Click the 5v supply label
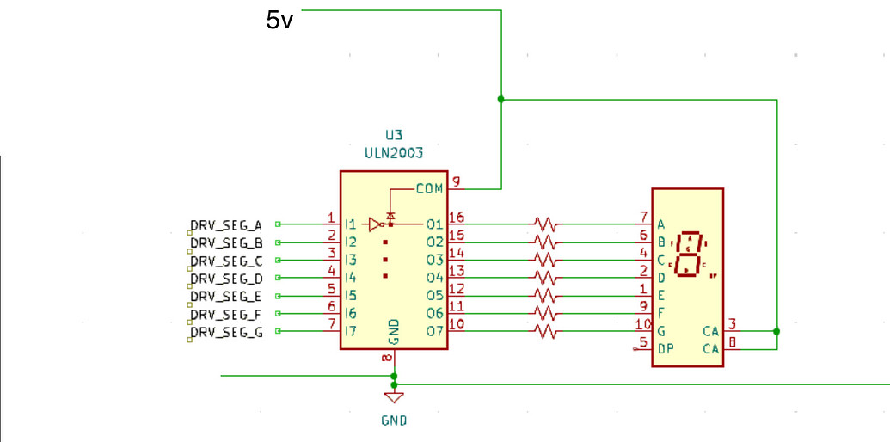pos(280,21)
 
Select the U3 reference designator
pos(393,135)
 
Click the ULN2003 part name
pos(393,152)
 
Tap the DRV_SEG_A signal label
pos(226,225)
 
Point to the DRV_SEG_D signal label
pos(226,279)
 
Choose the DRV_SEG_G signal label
pos(226,332)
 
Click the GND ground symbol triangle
pos(394,397)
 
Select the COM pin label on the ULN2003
pos(429,188)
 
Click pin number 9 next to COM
pos(457,181)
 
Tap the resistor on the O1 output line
pos(544,224)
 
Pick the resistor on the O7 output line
pos(544,331)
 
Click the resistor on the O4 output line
pos(544,278)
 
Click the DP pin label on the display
pos(666,348)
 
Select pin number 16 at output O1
pos(457,218)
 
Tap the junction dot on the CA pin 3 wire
pos(776,331)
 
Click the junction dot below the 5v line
pos(501,99)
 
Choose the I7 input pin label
pos(351,331)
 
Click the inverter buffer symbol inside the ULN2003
pos(374,224)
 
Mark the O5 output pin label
pos(434,296)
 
